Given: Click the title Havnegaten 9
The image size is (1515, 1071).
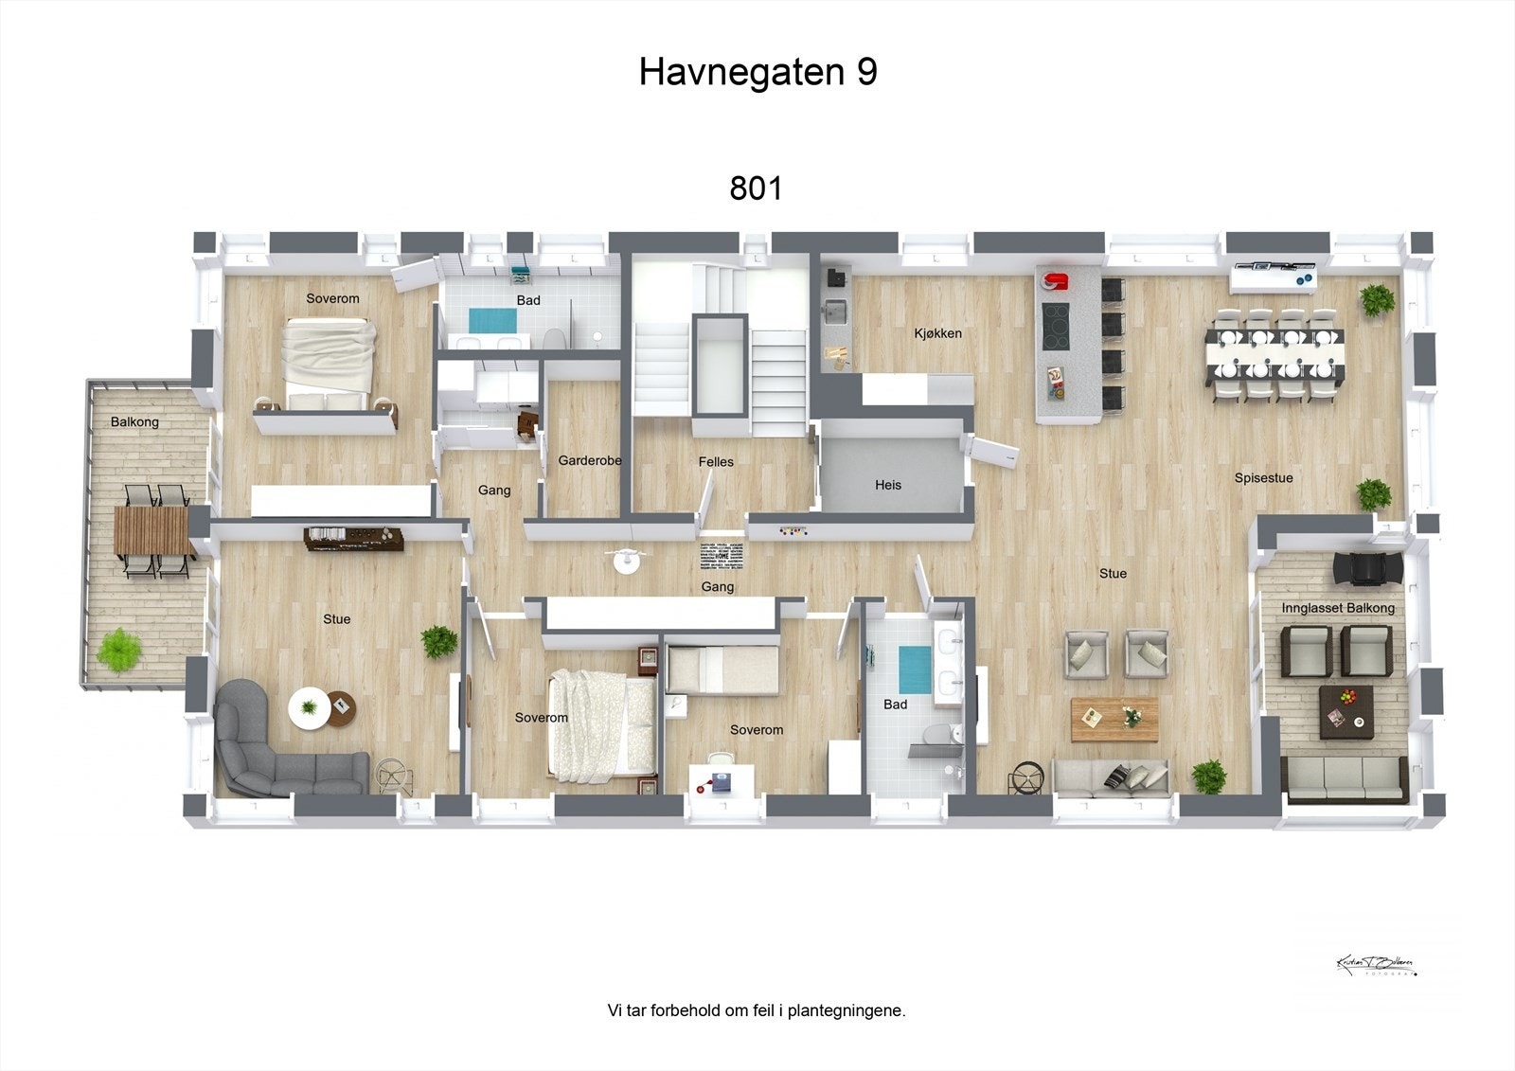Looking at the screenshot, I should (757, 72).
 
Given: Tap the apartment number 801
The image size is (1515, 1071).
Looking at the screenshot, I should (756, 188).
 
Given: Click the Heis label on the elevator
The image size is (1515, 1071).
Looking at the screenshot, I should (887, 485).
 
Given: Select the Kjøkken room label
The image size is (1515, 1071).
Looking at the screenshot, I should (937, 333).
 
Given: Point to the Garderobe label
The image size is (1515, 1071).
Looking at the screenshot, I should (589, 461).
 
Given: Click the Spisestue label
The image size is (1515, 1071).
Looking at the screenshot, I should (1263, 478).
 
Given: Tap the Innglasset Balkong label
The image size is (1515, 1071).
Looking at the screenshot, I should (1337, 608).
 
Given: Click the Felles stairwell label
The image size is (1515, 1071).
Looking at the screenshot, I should (716, 462).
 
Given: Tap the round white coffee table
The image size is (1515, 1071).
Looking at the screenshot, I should (310, 706).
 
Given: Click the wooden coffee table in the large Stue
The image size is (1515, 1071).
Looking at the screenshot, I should (1114, 719).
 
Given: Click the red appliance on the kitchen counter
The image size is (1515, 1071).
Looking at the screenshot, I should (1056, 281).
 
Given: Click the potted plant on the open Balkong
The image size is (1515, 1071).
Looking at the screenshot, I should (119, 651).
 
